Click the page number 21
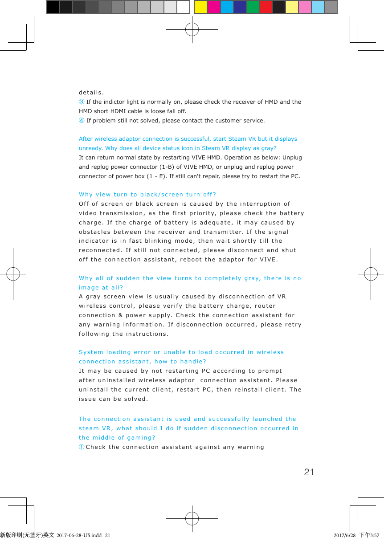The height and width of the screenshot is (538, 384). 309,472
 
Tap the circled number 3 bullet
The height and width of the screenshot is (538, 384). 82,102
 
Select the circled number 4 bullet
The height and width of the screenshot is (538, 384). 82,121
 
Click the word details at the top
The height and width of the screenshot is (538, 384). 91,93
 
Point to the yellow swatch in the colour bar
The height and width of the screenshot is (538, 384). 200,7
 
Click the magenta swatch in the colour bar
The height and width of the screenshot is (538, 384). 213,7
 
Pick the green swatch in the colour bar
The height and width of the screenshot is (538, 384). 253,7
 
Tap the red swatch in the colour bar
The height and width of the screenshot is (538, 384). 266,7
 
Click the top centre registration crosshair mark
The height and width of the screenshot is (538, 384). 192,29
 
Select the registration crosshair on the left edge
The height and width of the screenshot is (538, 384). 13,273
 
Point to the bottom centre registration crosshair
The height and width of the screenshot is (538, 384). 192,518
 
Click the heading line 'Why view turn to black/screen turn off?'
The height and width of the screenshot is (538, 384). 147,195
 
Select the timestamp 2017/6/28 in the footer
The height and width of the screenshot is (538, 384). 344,535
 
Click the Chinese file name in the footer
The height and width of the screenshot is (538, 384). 27,535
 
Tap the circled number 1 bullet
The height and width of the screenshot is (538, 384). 82,447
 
